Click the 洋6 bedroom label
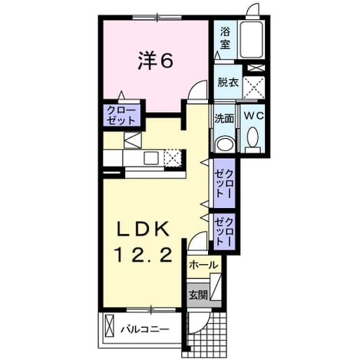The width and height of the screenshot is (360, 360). [x=156, y=61]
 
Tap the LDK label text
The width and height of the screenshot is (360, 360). [x=143, y=229]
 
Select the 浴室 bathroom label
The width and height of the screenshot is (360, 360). [x=225, y=38]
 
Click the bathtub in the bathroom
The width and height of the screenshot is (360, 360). [x=252, y=40]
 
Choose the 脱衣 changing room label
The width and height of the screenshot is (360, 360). [x=228, y=82]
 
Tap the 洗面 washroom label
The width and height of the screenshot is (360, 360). [x=224, y=118]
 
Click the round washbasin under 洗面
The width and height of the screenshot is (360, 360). [x=225, y=145]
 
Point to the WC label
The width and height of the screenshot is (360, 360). [x=253, y=117]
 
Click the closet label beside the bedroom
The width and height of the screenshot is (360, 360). [x=121, y=115]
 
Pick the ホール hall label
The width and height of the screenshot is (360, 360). [x=203, y=265]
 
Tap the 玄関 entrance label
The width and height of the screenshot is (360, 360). [x=198, y=296]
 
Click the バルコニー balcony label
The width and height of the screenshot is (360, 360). [x=145, y=329]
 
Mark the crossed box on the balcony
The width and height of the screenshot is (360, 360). [x=109, y=325]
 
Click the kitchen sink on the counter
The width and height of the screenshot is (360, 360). [x=151, y=158]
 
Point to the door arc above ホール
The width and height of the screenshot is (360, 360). [x=197, y=240]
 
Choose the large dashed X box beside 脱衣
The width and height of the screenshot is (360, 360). [x=253, y=88]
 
